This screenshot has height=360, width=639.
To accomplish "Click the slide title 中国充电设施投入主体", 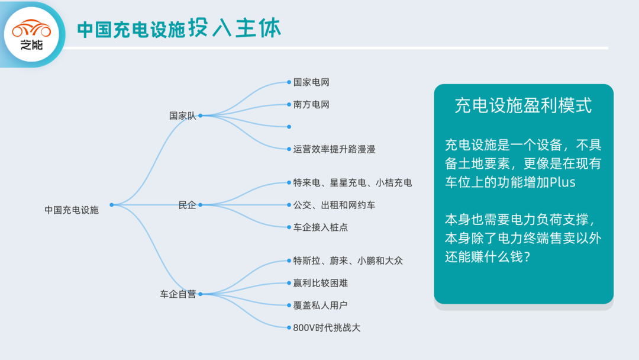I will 179,28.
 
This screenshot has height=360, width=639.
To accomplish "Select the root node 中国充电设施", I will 72,210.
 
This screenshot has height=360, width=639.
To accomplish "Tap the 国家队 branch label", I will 182,116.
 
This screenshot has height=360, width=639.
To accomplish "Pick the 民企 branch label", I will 187,205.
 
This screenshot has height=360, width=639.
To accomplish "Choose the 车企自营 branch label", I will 177,294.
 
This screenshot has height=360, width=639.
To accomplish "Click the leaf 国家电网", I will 311,82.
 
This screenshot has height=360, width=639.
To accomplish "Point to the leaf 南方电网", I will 311,105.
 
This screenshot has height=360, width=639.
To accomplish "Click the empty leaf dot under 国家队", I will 288,127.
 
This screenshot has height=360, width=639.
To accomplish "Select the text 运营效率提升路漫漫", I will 334,149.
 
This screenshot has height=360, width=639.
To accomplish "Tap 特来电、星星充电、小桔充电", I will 353,182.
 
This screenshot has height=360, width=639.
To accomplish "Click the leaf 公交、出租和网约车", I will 334,205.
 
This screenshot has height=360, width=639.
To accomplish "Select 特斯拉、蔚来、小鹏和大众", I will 348,261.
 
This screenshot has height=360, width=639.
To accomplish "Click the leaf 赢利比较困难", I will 320,283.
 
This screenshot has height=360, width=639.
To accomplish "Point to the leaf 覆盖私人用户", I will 320,305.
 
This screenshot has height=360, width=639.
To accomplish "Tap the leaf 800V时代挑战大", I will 327,327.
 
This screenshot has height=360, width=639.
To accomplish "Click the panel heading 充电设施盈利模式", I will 523,105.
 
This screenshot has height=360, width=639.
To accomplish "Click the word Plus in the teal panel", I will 562,182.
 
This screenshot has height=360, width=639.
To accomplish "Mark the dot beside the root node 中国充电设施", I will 111,205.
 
